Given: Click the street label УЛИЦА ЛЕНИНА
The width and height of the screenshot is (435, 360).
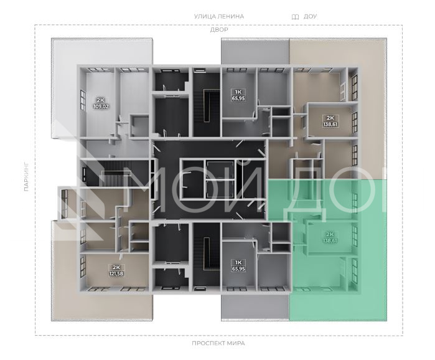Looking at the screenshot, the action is click(x=219, y=16).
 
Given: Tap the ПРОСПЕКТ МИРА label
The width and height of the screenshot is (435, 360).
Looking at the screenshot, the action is click(x=218, y=343).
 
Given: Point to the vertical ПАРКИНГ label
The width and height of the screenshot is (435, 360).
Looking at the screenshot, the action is click(x=26, y=176).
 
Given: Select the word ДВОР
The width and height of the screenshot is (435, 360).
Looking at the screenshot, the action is click(x=219, y=30).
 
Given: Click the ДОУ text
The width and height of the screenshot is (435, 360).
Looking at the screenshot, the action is click(x=310, y=16).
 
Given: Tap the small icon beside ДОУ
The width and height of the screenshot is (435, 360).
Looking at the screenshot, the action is click(x=295, y=17).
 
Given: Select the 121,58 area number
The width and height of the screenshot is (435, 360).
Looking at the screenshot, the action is click(x=116, y=273).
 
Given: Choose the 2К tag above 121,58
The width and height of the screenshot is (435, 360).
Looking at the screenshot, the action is click(x=116, y=268).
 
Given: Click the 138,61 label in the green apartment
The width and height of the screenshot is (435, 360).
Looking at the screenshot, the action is click(x=330, y=240).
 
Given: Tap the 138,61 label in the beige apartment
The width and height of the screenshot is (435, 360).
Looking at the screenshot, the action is click(x=330, y=125).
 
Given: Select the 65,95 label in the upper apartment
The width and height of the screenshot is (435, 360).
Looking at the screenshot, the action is click(x=238, y=98).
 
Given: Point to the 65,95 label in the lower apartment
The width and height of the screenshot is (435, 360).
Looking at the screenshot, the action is click(x=238, y=268).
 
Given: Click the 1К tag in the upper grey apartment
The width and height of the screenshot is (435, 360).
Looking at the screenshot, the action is click(x=238, y=92).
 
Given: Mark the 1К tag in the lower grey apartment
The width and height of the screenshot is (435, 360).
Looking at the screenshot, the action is click(x=238, y=262).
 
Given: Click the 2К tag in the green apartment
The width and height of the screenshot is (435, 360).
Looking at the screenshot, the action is click(x=330, y=234).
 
